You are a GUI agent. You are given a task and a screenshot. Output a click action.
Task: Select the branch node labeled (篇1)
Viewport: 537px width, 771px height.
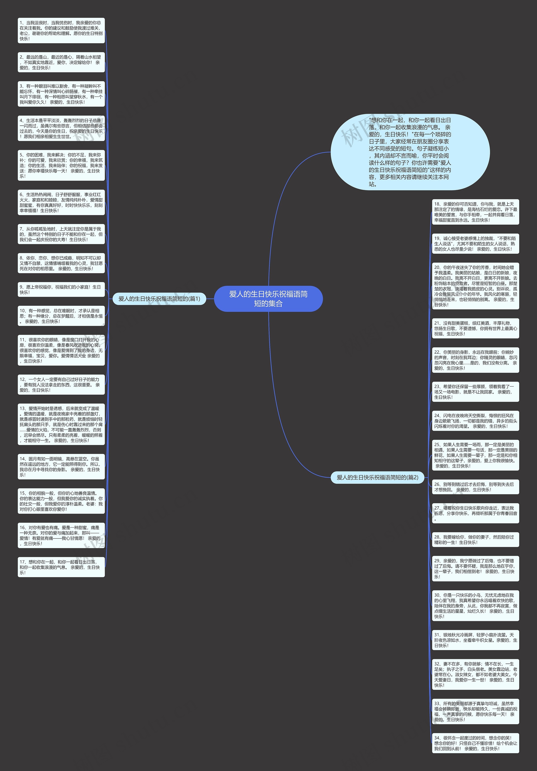point(159,299)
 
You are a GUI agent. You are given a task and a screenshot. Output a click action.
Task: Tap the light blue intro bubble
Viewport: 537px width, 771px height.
point(410,152)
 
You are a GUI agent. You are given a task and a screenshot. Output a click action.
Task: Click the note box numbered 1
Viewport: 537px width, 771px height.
point(61,31)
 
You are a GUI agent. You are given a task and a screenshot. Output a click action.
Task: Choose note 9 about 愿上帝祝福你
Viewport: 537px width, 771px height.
point(61,289)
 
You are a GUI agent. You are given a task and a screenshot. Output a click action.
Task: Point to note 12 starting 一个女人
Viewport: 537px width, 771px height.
point(61,384)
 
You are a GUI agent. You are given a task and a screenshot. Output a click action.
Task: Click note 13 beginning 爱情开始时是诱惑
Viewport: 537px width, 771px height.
point(61,425)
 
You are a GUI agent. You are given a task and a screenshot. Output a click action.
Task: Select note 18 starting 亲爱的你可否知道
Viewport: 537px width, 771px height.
point(475,212)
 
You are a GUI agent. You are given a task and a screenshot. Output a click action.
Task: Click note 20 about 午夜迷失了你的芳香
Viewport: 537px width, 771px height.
point(475,286)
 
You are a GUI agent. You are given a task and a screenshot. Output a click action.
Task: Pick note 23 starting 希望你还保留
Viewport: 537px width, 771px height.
point(475,392)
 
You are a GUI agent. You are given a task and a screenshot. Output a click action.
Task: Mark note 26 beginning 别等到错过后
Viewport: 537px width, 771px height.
point(475,487)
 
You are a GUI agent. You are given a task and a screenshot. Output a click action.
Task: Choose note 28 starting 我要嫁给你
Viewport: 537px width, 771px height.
point(475,539)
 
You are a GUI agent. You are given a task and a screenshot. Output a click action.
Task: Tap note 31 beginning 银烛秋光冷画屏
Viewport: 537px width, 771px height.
point(475,640)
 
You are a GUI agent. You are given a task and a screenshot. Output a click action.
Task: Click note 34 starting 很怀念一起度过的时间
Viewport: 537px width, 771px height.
point(475,743)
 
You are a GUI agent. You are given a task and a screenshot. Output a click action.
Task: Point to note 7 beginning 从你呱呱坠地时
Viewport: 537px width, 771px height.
point(61,234)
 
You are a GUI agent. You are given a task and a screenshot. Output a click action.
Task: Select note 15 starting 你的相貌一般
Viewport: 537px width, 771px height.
point(61,501)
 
